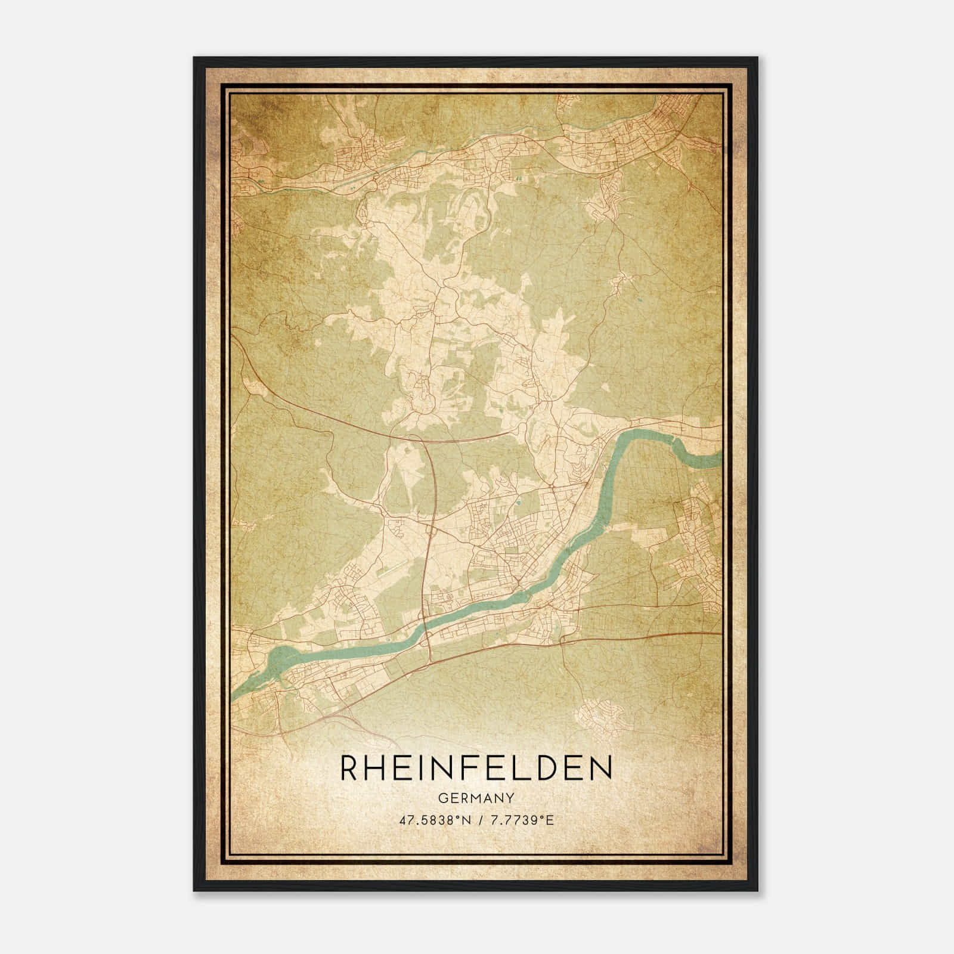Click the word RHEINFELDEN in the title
(476, 768)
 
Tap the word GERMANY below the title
(476, 797)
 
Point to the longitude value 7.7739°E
(521, 820)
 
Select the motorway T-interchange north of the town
(421, 438)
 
